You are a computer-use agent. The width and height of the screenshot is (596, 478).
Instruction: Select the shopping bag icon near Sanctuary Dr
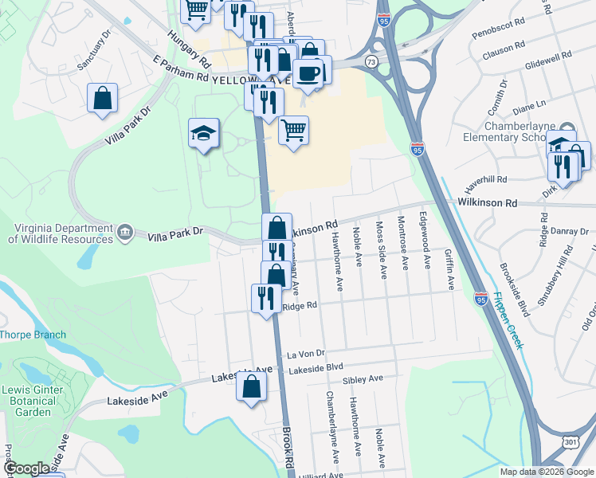tap(103, 99)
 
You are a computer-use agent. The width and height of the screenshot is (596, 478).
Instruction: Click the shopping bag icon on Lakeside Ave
tap(251, 388)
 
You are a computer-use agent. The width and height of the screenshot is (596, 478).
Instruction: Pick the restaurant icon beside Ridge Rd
tap(265, 298)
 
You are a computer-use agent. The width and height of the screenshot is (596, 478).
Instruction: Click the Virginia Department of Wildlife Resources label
tap(61, 232)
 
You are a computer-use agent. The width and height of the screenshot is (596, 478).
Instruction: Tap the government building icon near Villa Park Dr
tap(125, 232)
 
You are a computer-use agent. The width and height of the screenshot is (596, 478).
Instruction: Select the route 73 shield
tap(371, 61)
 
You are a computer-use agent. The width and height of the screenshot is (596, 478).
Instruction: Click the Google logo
tap(26, 468)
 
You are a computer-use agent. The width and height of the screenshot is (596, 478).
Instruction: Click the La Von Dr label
tap(307, 353)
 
